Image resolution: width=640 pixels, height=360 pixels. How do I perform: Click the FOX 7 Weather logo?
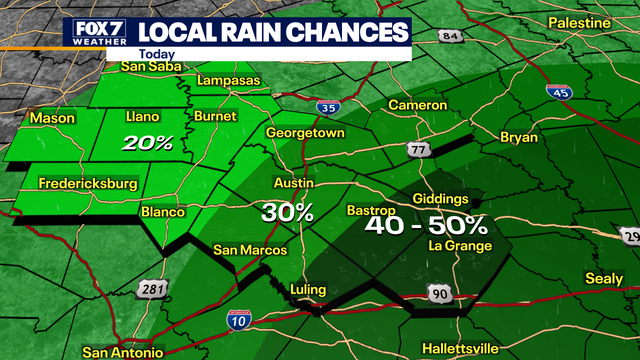click(x=93, y=32)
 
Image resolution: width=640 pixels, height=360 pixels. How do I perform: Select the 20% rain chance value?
click(x=149, y=143)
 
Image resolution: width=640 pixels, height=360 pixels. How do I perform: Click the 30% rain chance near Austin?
click(x=288, y=213)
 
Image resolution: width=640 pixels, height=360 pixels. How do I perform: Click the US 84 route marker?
click(x=450, y=37)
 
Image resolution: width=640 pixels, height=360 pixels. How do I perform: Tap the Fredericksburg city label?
click(x=87, y=183)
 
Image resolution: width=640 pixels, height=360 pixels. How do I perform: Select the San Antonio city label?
click(x=123, y=352)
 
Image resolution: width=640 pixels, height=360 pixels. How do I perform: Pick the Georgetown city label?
click(x=305, y=132)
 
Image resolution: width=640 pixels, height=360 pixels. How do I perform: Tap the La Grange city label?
click(x=459, y=245)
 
